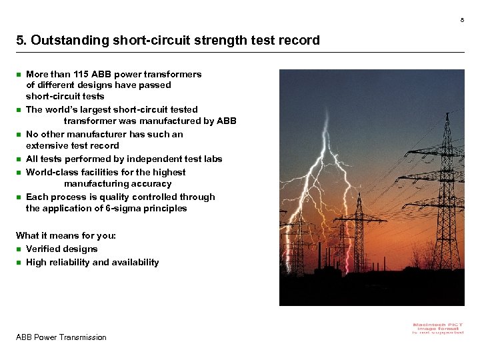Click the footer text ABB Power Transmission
coord(61,337)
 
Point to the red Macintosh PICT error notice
coord(438,328)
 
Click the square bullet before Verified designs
coord(19,249)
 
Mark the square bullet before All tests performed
coord(19,159)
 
